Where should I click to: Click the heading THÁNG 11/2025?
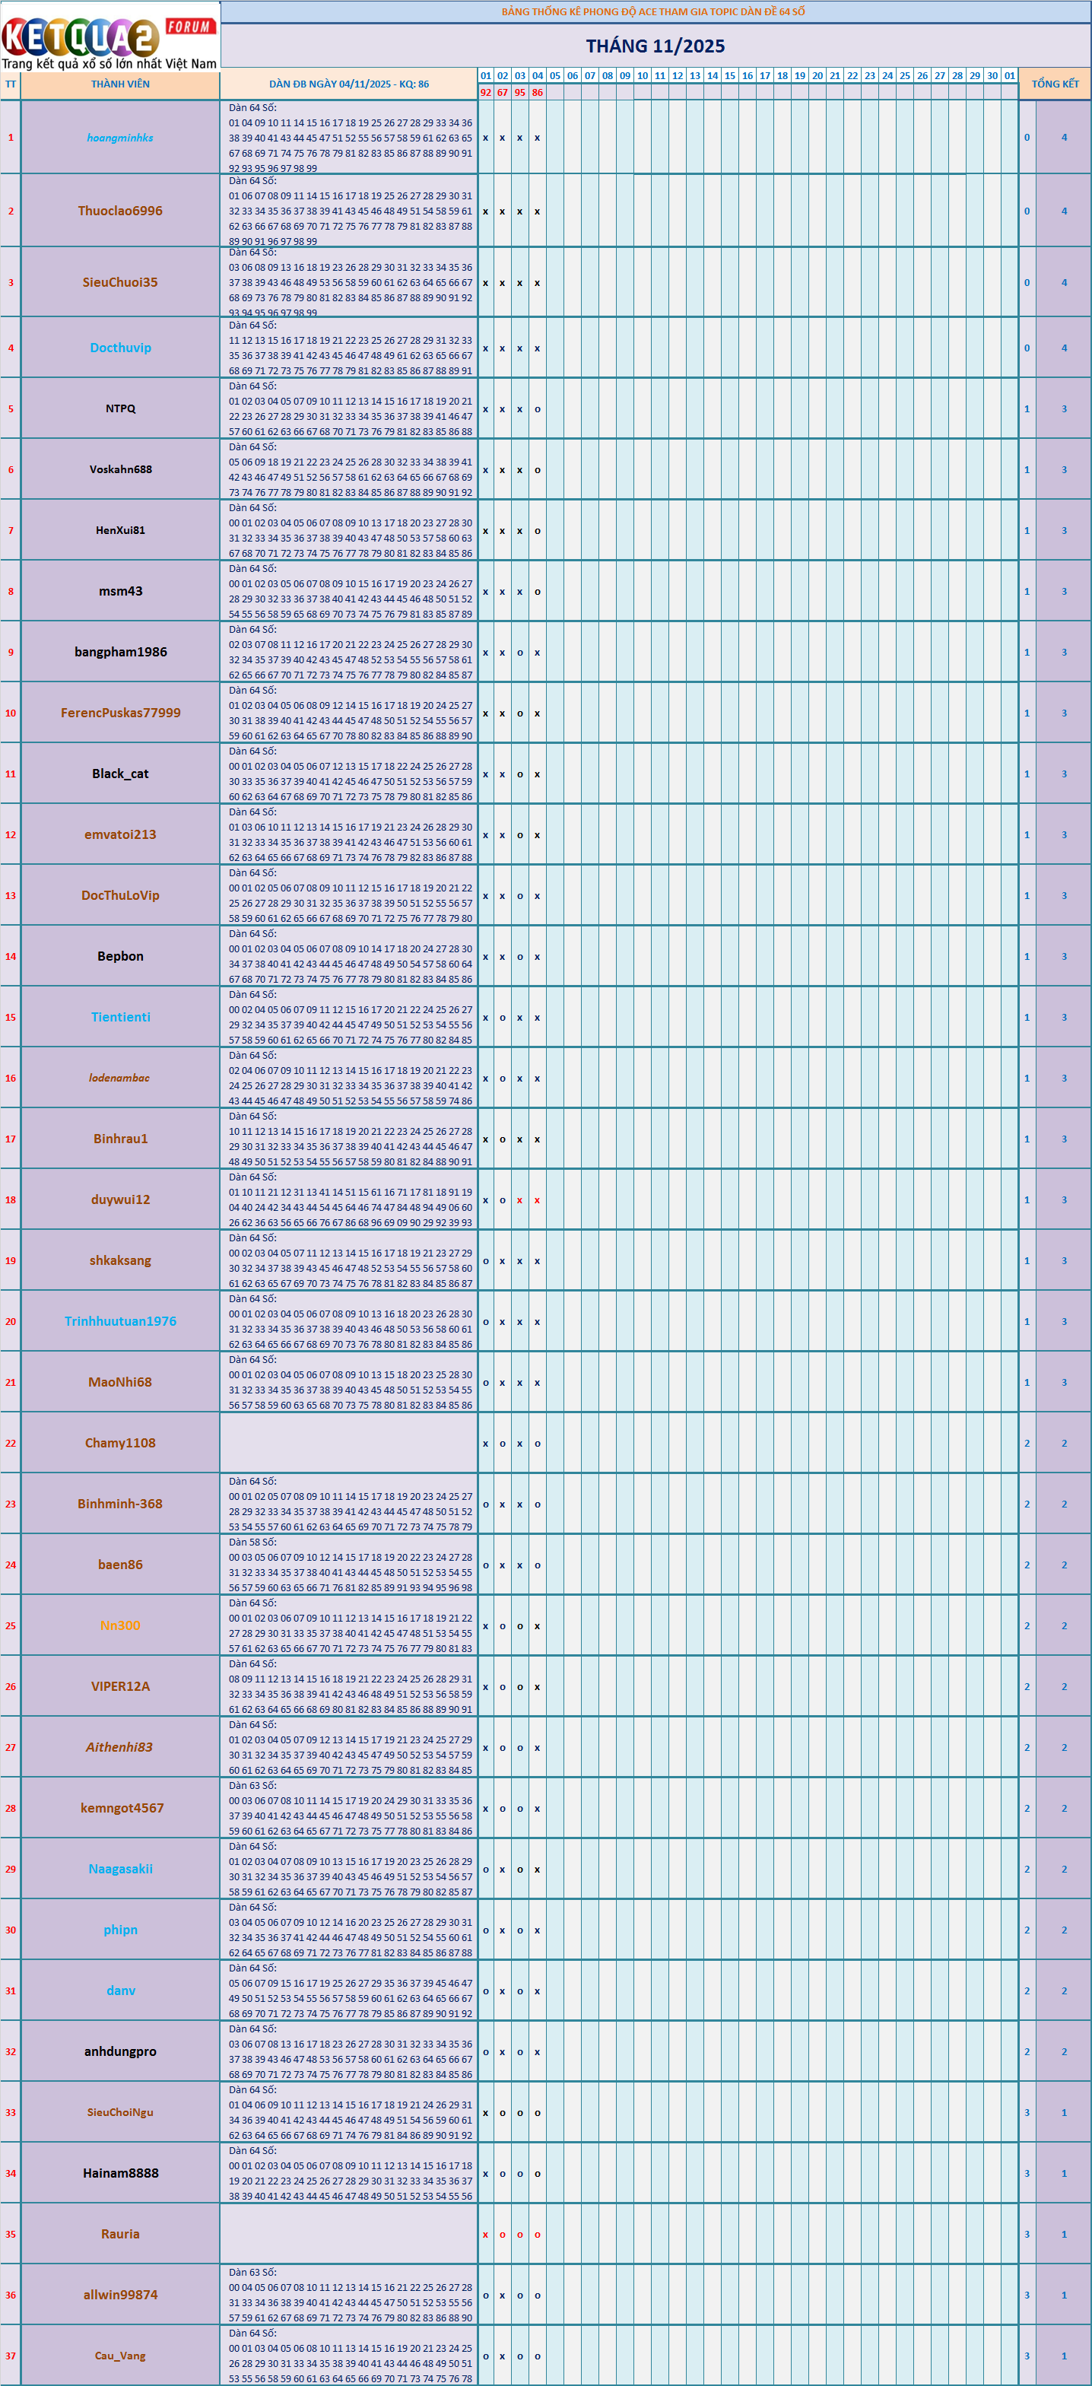pos(655,46)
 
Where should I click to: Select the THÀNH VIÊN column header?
pos(120,84)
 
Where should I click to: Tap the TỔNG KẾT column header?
pos(1055,84)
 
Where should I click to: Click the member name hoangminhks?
pos(120,138)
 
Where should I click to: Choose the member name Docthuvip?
pos(120,348)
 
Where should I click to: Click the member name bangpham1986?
pos(120,652)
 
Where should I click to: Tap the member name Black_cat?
pos(120,774)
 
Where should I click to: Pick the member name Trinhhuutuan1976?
pos(120,1322)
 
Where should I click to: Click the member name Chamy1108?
pos(120,1443)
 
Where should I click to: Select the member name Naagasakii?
pos(120,1869)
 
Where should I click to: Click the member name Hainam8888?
pos(120,2173)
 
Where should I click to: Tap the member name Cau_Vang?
pos(120,2356)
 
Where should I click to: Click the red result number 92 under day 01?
pos(485,93)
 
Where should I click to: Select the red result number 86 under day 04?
pos(537,93)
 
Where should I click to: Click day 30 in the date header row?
pos(992,76)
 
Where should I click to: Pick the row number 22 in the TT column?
pos(10,1443)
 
